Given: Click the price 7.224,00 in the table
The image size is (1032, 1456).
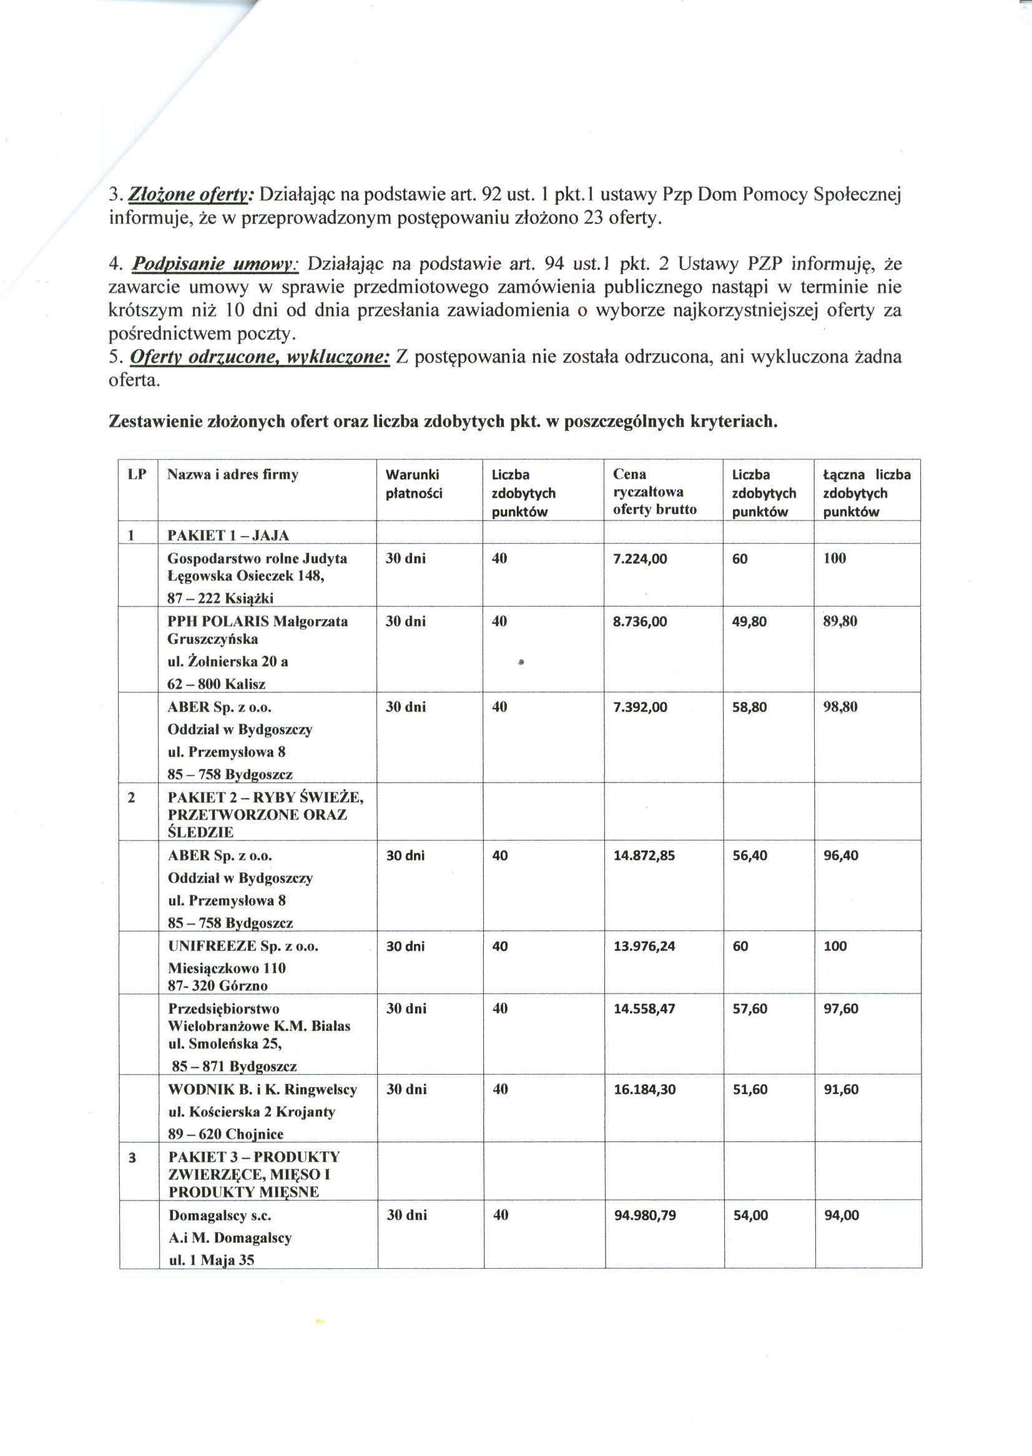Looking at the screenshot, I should coord(640,559).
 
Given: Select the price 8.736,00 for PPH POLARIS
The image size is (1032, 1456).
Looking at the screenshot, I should coord(640,621).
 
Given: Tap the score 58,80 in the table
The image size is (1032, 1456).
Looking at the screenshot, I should coord(749,707).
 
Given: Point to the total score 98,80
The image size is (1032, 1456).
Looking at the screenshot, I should coord(840,707).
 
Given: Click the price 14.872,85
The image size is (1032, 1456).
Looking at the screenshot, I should coord(644,856).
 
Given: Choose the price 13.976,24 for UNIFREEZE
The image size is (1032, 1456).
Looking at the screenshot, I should coord(644,947).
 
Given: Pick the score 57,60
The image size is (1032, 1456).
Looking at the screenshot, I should coord(750,1009).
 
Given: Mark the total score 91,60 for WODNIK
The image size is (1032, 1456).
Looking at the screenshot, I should coord(841,1090).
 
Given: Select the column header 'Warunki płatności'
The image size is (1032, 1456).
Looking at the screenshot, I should coord(414,484).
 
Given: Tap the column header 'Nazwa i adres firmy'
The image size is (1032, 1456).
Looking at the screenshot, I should coord(232,474).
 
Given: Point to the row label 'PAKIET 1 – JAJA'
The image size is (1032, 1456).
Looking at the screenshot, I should coord(227,535).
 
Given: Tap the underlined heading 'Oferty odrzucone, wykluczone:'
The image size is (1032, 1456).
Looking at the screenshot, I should coord(259,357).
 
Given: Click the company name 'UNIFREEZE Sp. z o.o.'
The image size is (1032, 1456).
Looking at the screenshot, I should coord(243,946).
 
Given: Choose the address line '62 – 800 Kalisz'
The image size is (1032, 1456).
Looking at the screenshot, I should coord(216,684).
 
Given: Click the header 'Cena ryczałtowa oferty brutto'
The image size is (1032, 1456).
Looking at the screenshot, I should coord(654,492).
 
